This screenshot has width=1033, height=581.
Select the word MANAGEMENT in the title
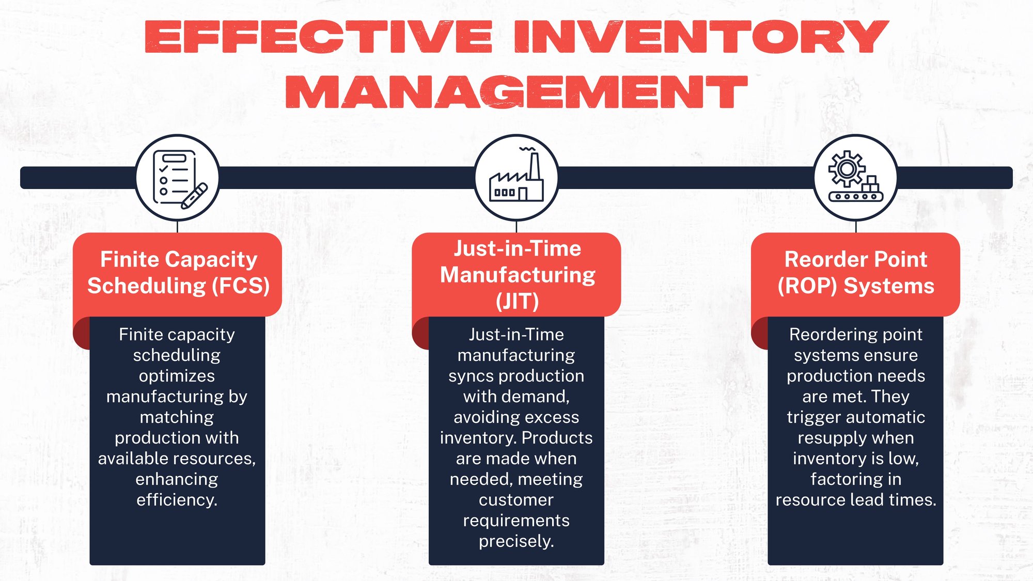click(516, 92)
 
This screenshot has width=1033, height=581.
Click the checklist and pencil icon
click(177, 178)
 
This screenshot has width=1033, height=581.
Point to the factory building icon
click(516, 178)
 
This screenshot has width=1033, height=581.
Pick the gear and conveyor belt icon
click(855, 178)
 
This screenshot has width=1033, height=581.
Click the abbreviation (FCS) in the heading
click(241, 286)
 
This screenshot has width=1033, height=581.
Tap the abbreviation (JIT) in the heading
click(517, 301)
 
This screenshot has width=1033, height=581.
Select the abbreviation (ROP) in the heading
click(807, 286)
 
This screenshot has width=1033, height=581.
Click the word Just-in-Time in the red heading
click(517, 249)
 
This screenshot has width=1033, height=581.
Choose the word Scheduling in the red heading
click(147, 286)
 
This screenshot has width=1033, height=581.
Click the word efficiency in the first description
click(177, 500)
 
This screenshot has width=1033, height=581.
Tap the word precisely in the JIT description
click(516, 541)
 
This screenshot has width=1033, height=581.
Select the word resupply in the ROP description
click(855, 438)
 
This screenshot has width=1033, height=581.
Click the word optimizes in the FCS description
click(177, 376)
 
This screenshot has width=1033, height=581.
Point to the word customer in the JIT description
click(516, 500)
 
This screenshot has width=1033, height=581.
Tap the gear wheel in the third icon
click(847, 168)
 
